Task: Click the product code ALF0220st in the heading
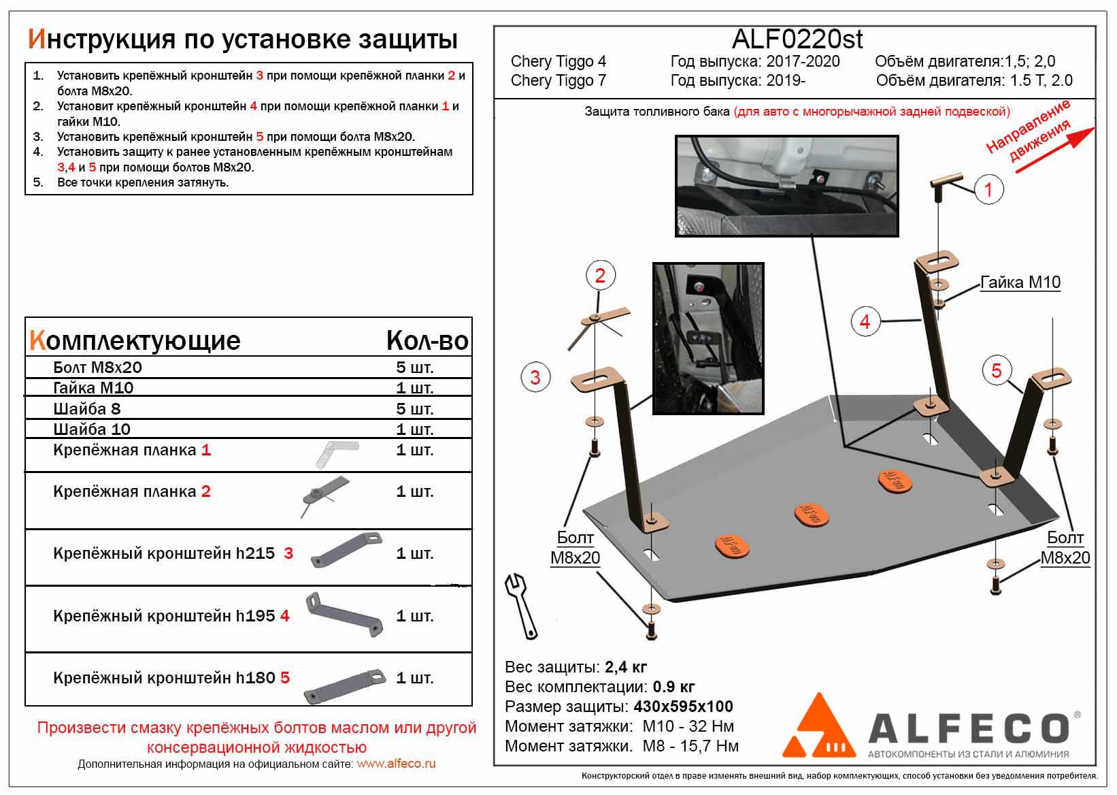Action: pyautogui.click(x=797, y=39)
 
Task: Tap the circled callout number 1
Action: pyautogui.click(x=988, y=189)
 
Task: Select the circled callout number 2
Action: pyautogui.click(x=599, y=276)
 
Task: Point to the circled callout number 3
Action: pyautogui.click(x=535, y=377)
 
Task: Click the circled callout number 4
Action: pyautogui.click(x=865, y=321)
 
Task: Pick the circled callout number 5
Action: pyautogui.click(x=997, y=370)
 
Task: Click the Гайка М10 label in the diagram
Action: pyautogui.click(x=1020, y=282)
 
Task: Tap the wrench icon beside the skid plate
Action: pyautogui.click(x=521, y=604)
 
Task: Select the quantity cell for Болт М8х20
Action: pyautogui.click(x=414, y=368)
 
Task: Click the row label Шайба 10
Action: pyautogui.click(x=92, y=429)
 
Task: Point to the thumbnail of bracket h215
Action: pyautogui.click(x=346, y=550)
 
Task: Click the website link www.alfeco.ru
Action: pyautogui.click(x=396, y=764)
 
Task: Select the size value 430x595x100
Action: pyautogui.click(x=683, y=707)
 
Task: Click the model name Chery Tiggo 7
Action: pyautogui.click(x=558, y=80)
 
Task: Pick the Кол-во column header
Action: pyautogui.click(x=427, y=340)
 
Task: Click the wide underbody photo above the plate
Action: pyautogui.click(x=786, y=185)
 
